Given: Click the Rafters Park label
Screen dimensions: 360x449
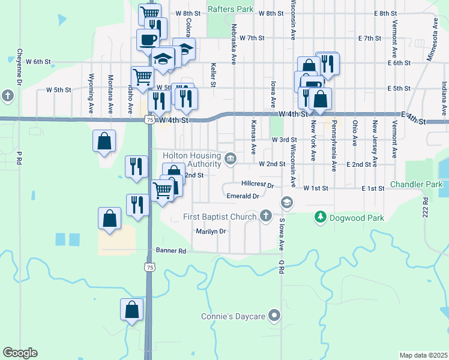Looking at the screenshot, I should coord(231,9).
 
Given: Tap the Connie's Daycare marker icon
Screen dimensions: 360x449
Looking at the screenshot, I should coord(275,314).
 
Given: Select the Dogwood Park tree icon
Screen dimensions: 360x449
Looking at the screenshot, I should coord(321,216).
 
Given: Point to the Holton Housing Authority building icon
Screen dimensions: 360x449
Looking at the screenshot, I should coord(231,159).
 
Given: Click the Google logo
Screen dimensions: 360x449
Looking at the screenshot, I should coord(20,353).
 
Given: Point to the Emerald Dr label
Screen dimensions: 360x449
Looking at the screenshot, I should coord(243,196).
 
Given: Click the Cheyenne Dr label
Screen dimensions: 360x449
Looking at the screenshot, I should coord(19,66).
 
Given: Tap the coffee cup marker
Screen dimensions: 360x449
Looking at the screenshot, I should coord(148,40).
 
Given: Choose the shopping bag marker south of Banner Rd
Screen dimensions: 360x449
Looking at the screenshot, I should coord(132,310).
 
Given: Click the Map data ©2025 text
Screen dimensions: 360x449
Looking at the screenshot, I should coord(423,355).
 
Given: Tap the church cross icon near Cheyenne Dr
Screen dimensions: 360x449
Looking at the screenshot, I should coord(8,95).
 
